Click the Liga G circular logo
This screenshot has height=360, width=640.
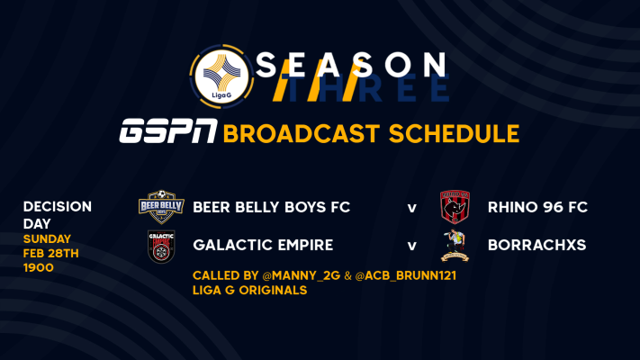tap(221, 76)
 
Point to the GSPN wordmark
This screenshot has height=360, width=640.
tap(168, 131)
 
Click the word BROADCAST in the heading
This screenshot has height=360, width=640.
tap(295, 134)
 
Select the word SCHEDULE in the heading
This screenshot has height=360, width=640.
tap(454, 134)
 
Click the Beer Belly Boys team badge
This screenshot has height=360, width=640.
tap(161, 207)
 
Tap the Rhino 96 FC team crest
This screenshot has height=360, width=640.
tap(455, 206)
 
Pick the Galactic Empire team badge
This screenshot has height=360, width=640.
tap(161, 246)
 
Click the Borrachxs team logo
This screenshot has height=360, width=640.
tap(455, 246)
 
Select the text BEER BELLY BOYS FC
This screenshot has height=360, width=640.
tap(272, 207)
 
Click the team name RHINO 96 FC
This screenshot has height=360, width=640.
tap(537, 207)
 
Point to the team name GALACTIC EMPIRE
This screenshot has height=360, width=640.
tap(263, 245)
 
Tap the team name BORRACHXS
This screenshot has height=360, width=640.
tap(536, 245)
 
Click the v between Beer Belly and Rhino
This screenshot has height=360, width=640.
tap(412, 208)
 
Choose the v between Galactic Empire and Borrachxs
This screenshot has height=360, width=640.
tap(412, 246)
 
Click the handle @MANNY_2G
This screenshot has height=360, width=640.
tap(302, 276)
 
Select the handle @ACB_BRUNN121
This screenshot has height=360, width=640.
tap(405, 276)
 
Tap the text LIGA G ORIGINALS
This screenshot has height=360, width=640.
tap(250, 290)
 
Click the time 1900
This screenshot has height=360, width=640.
tap(39, 268)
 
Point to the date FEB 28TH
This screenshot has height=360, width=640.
tap(50, 254)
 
